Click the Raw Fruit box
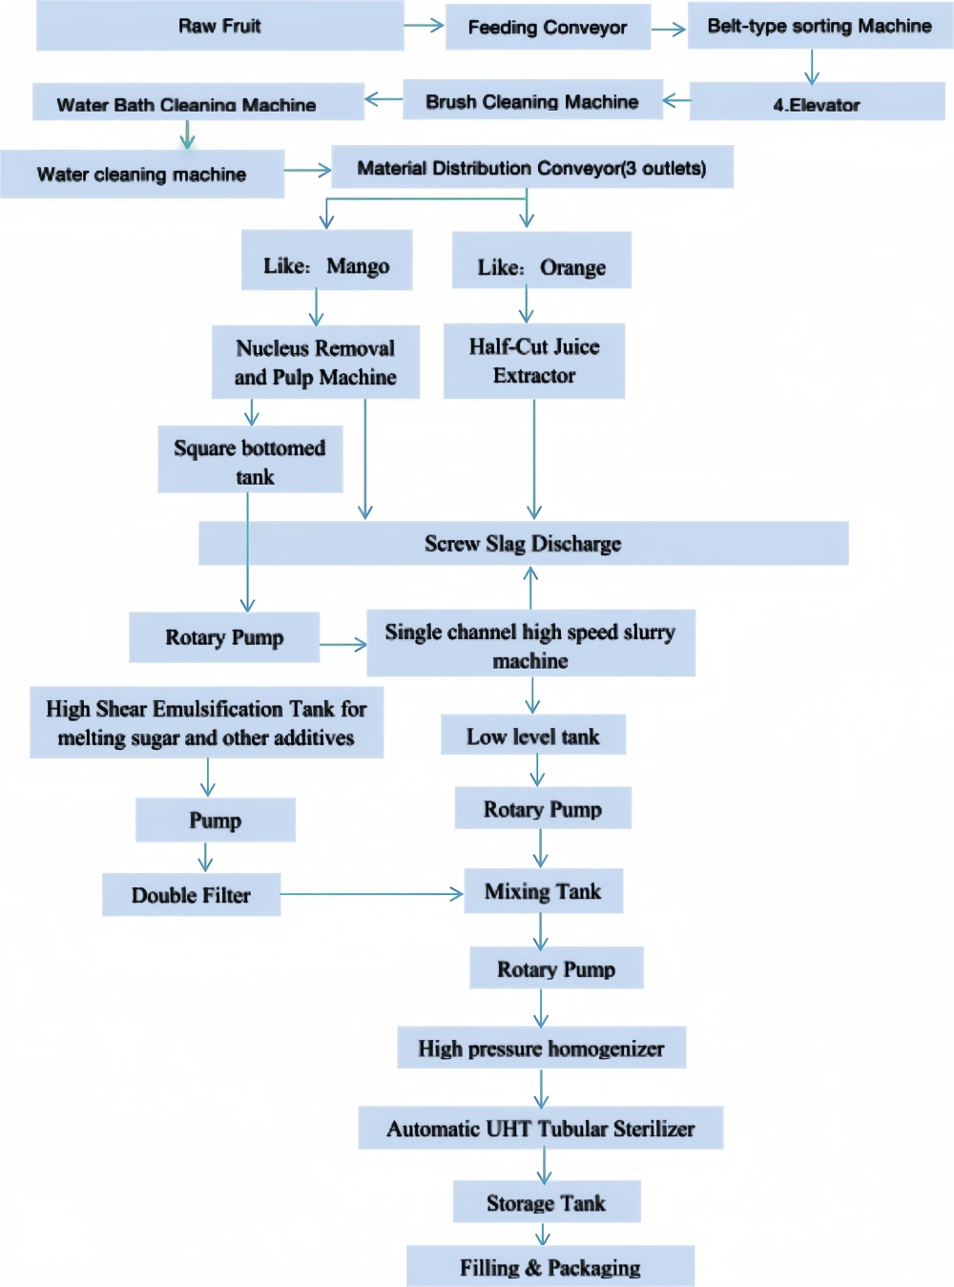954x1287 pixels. pyautogui.click(x=220, y=26)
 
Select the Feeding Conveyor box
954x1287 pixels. pyautogui.click(x=548, y=27)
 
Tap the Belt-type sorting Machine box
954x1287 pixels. pyautogui.click(x=819, y=26)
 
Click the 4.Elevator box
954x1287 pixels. pyautogui.click(x=817, y=101)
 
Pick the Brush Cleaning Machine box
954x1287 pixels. pyautogui.click(x=532, y=100)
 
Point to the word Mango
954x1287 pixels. pyautogui.click(x=358, y=266)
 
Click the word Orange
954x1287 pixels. pyautogui.click(x=572, y=267)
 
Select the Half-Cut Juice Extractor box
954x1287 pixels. pyautogui.click(x=534, y=361)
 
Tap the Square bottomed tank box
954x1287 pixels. pyautogui.click(x=250, y=459)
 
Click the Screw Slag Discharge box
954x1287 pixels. pyautogui.click(x=524, y=543)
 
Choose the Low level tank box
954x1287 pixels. pyautogui.click(x=532, y=735)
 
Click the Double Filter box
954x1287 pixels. pyautogui.click(x=191, y=895)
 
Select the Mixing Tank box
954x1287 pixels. pyautogui.click(x=543, y=891)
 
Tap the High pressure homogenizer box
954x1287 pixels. pyautogui.click(x=542, y=1048)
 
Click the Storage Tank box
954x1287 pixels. pyautogui.click(x=546, y=1201)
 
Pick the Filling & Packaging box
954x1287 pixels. pyautogui.click(x=550, y=1266)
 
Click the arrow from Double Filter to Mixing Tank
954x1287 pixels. pyautogui.click(x=371, y=894)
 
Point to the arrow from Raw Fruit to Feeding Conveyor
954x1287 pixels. pyautogui.click(x=424, y=25)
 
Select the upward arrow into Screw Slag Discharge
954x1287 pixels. pyautogui.click(x=530, y=588)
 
